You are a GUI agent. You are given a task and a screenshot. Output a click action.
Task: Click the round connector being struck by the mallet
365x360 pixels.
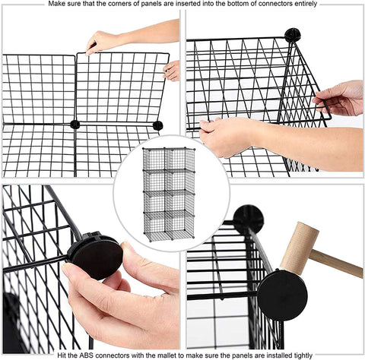pyautogui.click(x=282, y=295)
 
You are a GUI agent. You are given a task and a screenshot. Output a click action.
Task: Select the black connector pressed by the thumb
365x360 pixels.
pyautogui.click(x=95, y=256)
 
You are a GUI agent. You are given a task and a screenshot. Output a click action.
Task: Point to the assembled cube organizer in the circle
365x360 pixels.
pyautogui.click(x=169, y=194)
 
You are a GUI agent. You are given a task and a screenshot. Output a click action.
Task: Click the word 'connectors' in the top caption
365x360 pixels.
pyautogui.click(x=274, y=4)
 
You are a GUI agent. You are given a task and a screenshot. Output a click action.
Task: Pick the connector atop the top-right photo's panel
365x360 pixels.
pyautogui.click(x=293, y=35)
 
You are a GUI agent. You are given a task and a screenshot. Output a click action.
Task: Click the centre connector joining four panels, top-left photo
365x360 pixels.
pyautogui.click(x=75, y=125)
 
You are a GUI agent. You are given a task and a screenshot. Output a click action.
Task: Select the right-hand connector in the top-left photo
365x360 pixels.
pyautogui.click(x=157, y=125)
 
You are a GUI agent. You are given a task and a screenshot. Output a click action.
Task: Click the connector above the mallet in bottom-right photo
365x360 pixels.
pyautogui.click(x=248, y=218)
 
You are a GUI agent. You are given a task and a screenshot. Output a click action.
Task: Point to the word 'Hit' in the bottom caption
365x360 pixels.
pyautogui.click(x=62, y=355)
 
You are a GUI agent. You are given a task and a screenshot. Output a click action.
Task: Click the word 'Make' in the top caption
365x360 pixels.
pyautogui.click(x=56, y=4)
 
